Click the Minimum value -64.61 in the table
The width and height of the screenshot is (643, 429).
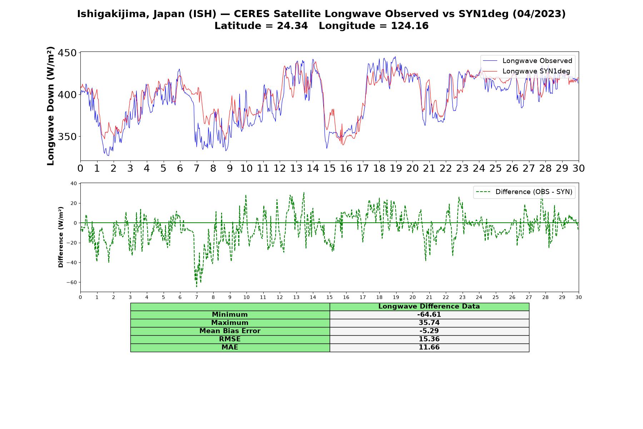tap(429, 315)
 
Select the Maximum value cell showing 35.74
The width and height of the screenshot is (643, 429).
tap(429, 323)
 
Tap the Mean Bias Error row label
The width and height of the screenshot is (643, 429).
tap(230, 331)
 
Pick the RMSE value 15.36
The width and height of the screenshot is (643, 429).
tap(429, 339)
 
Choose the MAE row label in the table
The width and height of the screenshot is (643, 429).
tap(230, 347)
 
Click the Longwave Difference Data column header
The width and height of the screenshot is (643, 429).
tap(429, 306)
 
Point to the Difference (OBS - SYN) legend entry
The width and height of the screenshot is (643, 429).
tap(524, 192)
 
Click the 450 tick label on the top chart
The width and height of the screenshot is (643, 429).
tap(68, 53)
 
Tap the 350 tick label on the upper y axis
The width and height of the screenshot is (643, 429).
tap(68, 137)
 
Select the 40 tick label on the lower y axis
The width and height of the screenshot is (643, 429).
tap(74, 183)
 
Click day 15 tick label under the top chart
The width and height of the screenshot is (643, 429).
tap(329, 168)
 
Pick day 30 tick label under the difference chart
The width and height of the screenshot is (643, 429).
tap(579, 297)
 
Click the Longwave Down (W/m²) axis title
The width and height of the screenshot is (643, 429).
tap(51, 106)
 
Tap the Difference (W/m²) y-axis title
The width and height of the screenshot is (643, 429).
tap(61, 237)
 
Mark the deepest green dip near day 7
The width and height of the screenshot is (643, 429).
tap(196, 286)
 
